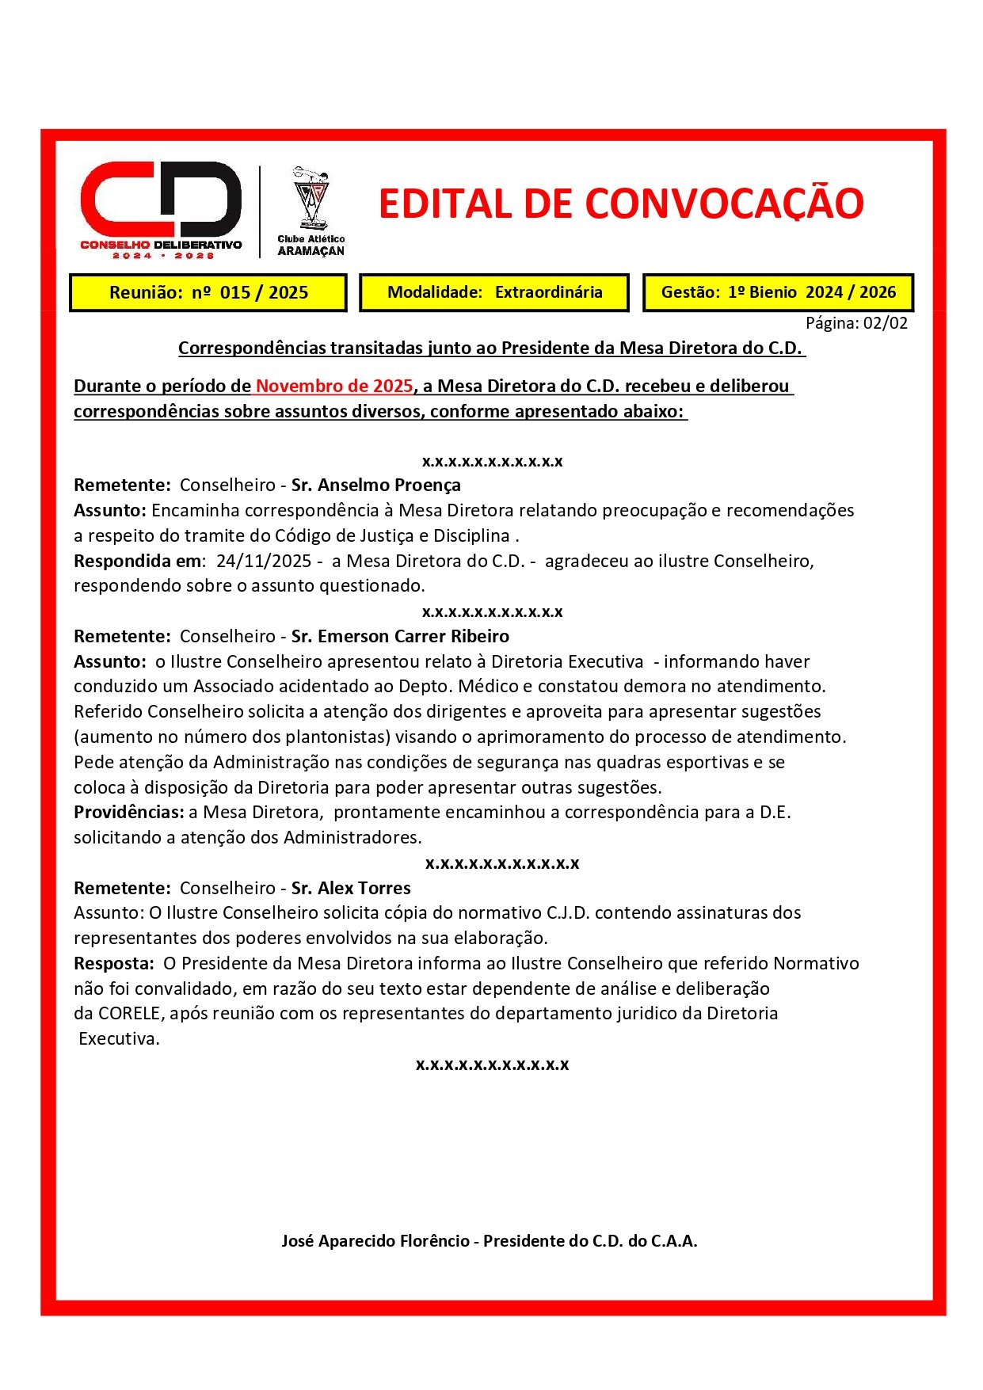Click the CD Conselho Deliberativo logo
pyautogui.click(x=161, y=210)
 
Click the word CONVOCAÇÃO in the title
pyautogui.click(x=724, y=204)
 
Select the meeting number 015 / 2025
pyautogui.click(x=264, y=293)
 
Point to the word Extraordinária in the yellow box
pyautogui.click(x=548, y=292)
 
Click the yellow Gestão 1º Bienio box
pyautogui.click(x=778, y=292)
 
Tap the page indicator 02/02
pyautogui.click(x=886, y=323)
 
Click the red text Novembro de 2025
pyautogui.click(x=333, y=387)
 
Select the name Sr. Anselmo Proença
pyautogui.click(x=375, y=486)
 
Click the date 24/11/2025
pyautogui.click(x=263, y=562)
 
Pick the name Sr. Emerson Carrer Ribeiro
pyautogui.click(x=400, y=637)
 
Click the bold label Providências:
pyautogui.click(x=129, y=813)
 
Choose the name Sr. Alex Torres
pyautogui.click(x=351, y=889)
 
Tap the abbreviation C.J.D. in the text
pyautogui.click(x=568, y=913)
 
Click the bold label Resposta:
pyautogui.click(x=114, y=964)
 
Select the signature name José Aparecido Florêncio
pyautogui.click(x=375, y=1241)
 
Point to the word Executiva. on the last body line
pyautogui.click(x=119, y=1039)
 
